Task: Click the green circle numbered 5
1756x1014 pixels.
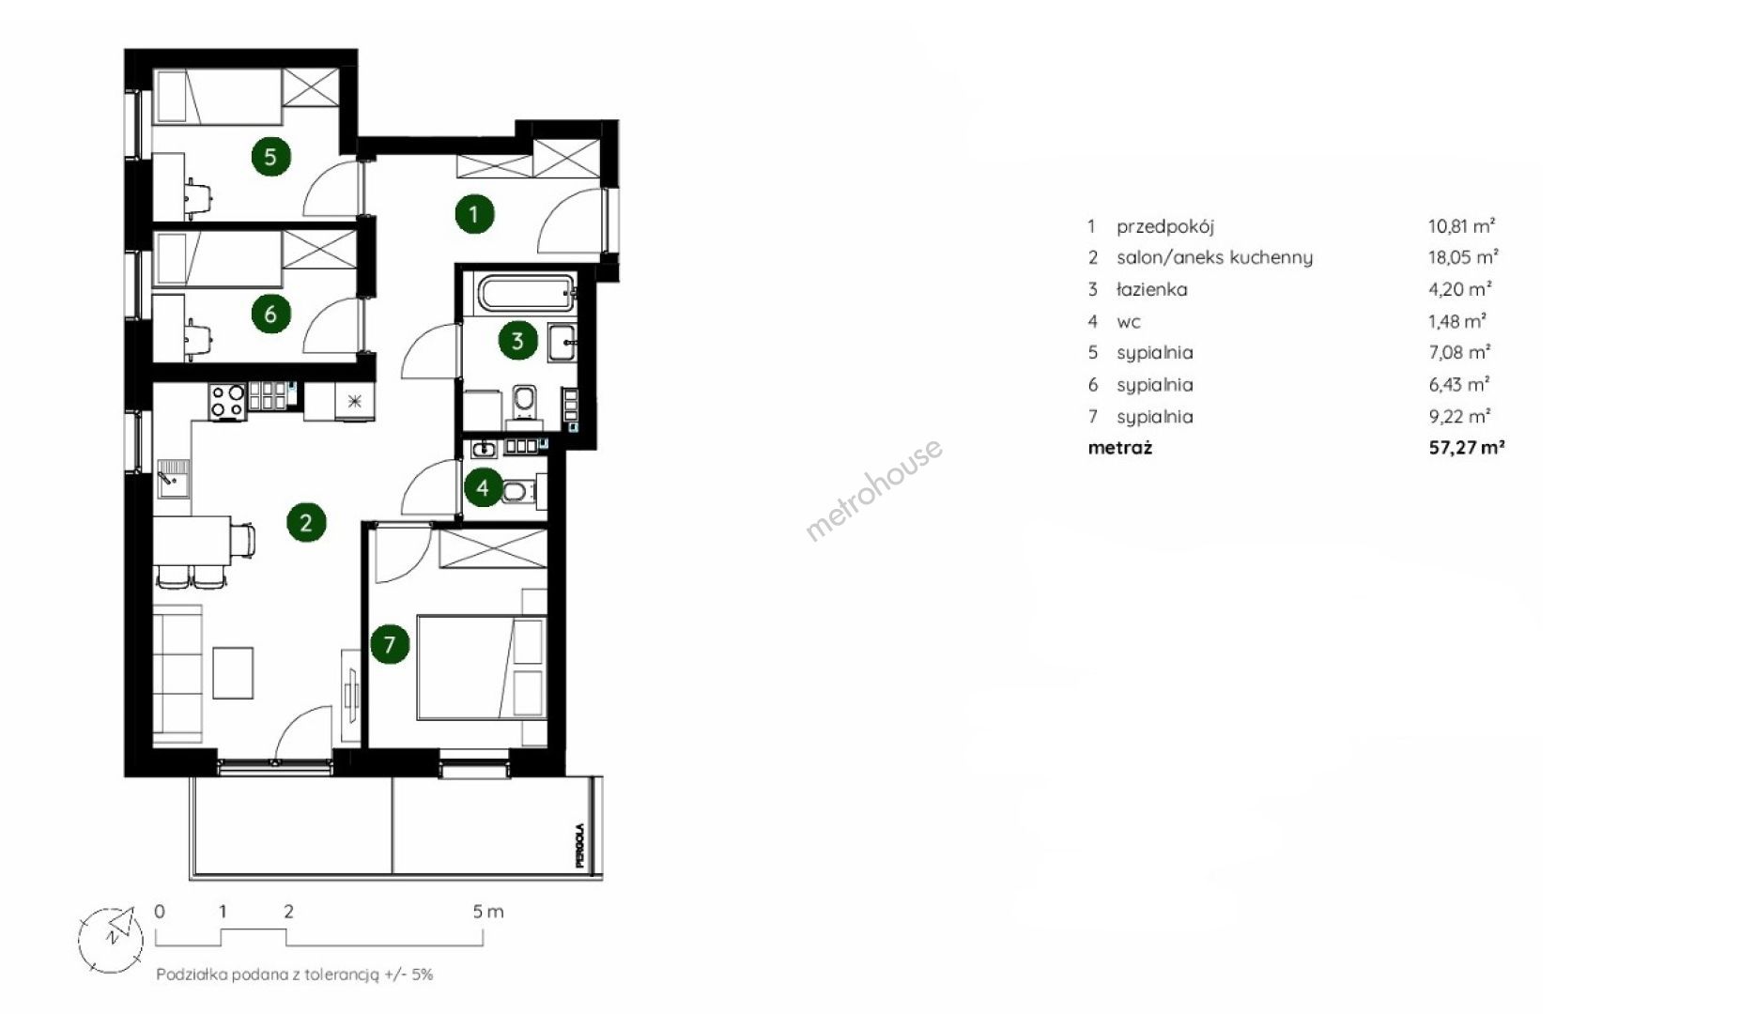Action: click(270, 156)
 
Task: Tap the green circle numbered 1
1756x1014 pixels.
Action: click(473, 214)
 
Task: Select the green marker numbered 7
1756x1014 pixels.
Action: click(390, 644)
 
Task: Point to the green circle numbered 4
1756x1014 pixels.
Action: click(483, 487)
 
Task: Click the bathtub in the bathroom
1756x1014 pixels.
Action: click(527, 293)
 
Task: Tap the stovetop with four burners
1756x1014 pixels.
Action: click(227, 401)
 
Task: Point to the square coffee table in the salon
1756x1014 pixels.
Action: click(233, 672)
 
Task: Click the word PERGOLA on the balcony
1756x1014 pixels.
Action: click(581, 845)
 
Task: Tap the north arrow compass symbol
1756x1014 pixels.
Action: click(112, 939)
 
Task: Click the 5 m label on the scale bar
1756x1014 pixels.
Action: click(488, 911)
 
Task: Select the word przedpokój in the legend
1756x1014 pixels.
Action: click(1165, 226)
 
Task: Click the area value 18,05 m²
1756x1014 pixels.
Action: click(1463, 257)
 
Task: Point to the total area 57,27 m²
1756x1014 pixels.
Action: click(1467, 448)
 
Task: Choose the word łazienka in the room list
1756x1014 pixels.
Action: click(1152, 289)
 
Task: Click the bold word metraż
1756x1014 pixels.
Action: click(1119, 448)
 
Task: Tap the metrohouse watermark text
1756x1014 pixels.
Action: click(874, 490)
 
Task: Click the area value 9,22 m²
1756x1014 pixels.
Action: click(1459, 416)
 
